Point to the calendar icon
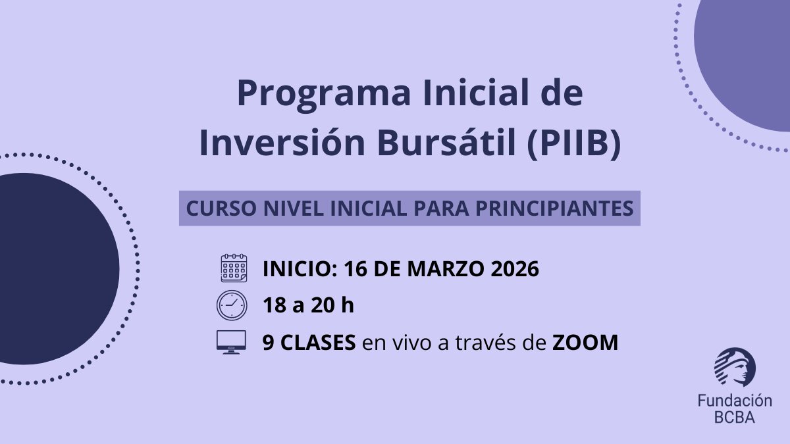pyautogui.click(x=233, y=268)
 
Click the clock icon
pyautogui.click(x=231, y=305)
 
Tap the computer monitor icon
pyautogui.click(x=231, y=342)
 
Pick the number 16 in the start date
pyautogui.click(x=358, y=269)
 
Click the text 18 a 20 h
pyautogui.click(x=308, y=306)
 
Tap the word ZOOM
pyautogui.click(x=585, y=343)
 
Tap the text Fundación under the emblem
pyautogui.click(x=735, y=401)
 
